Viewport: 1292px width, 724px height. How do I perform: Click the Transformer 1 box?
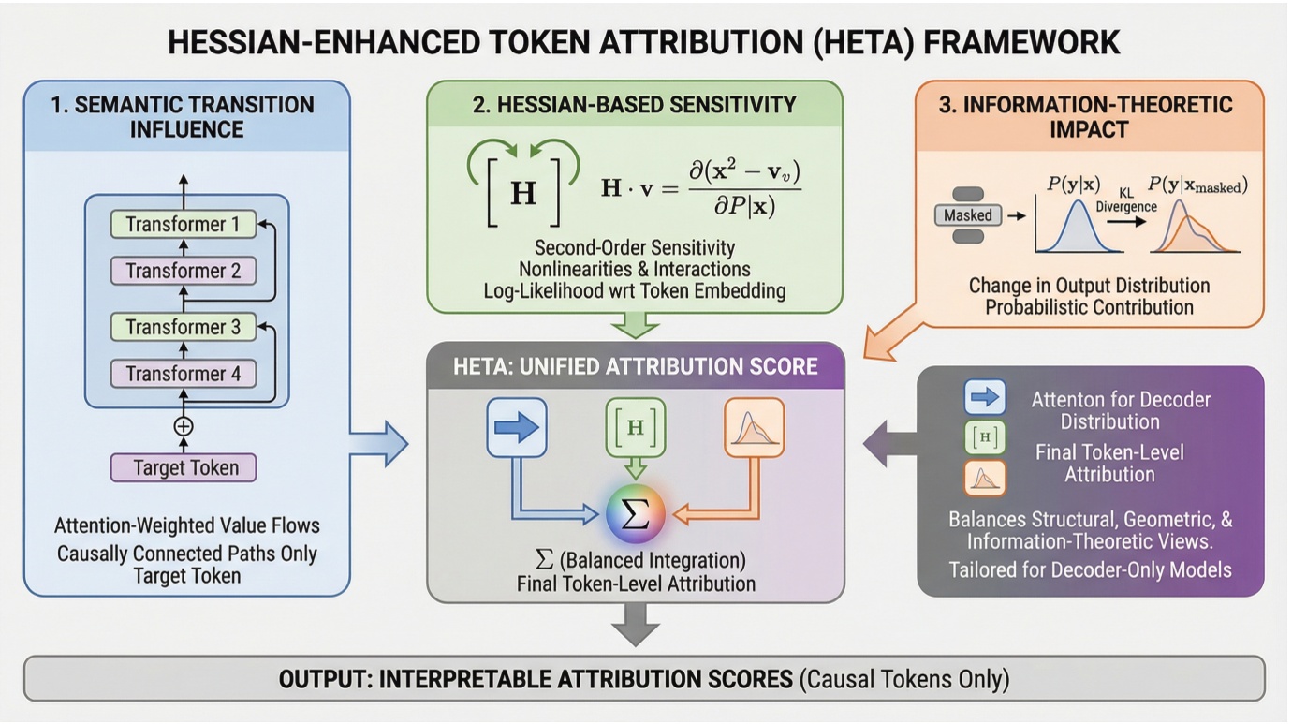coord(184,225)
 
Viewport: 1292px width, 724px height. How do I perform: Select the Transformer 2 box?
coord(184,271)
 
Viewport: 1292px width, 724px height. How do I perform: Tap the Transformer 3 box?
coord(184,327)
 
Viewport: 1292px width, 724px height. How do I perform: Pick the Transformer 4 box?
coord(184,374)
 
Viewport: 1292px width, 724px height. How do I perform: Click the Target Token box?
coord(184,467)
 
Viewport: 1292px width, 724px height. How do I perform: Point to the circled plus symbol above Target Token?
coord(184,426)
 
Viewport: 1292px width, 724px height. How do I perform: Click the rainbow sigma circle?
coord(635,514)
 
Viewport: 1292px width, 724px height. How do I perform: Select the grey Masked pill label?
coord(967,215)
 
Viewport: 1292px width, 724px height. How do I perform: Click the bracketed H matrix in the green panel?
coord(522,192)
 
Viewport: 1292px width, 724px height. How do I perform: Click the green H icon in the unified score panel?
coord(635,427)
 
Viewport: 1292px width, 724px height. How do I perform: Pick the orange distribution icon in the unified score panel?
coord(754,428)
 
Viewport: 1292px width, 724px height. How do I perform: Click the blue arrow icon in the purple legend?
coord(984,397)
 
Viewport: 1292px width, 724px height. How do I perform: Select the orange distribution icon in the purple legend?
coord(984,478)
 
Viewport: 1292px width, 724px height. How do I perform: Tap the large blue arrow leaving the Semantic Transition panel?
coord(379,442)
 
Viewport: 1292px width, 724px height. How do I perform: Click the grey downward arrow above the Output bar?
coord(636,623)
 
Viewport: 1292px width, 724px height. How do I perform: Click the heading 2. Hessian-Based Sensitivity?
coord(635,104)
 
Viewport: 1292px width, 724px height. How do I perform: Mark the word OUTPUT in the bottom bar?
coord(323,679)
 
